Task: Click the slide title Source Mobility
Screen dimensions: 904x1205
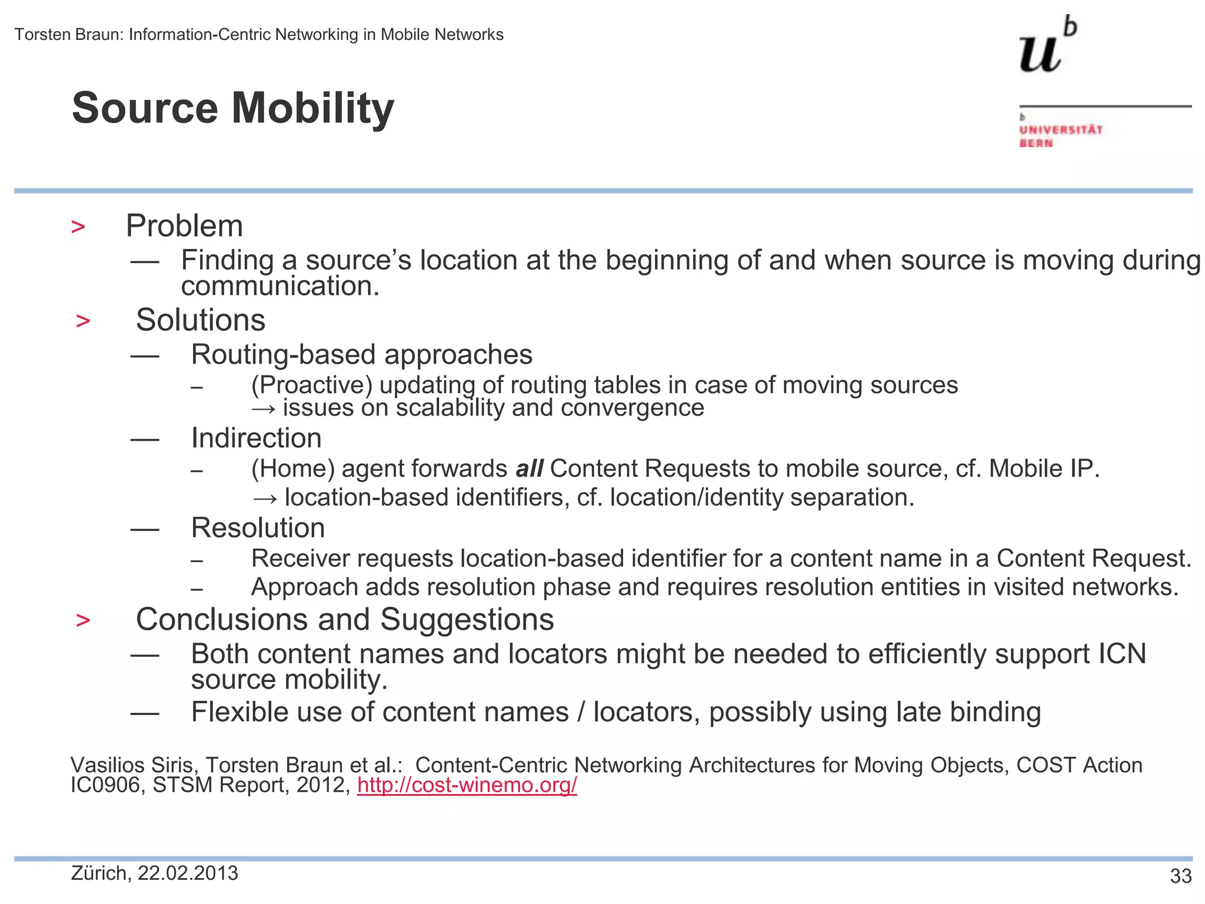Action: click(233, 108)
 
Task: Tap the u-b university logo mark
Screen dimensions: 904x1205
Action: click(1047, 46)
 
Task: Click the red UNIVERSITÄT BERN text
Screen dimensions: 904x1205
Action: click(1060, 136)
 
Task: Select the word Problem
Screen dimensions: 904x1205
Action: click(184, 226)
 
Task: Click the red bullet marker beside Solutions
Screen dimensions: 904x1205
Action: click(83, 321)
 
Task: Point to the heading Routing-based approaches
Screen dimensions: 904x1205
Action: click(361, 355)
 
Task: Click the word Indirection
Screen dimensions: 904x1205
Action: click(256, 438)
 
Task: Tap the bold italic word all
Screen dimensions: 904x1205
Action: click(529, 469)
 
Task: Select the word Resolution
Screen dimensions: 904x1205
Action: click(258, 528)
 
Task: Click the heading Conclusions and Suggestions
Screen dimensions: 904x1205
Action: click(345, 620)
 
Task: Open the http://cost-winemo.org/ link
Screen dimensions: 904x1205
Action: click(467, 785)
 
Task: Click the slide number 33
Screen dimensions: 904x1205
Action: click(1180, 876)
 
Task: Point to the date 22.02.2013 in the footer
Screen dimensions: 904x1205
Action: click(188, 873)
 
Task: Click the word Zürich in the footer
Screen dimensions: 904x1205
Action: click(100, 873)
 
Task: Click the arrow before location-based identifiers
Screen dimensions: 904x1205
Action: click(264, 498)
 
